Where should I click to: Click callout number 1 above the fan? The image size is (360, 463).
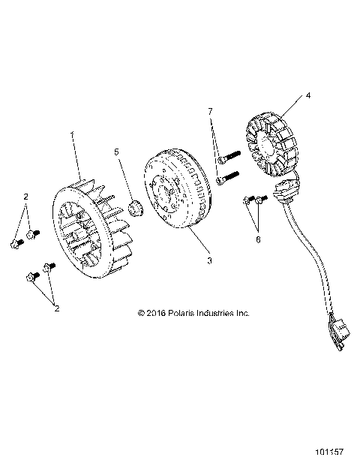point(72,136)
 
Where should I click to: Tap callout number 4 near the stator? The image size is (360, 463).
point(308,96)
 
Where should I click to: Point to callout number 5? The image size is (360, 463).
point(116,152)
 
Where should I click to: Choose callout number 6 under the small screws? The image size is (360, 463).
point(259,239)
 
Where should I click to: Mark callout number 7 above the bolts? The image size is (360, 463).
point(211,111)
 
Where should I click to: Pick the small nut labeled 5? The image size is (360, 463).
point(136,206)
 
